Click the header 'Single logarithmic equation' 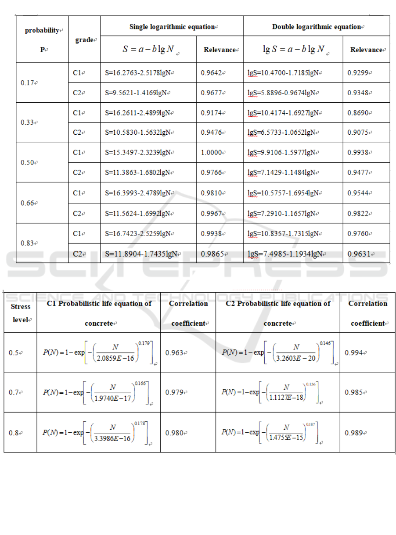(171, 26)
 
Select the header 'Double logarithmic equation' (317, 26)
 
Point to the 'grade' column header (84, 40)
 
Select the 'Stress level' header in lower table (20, 313)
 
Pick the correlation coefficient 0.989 (355, 432)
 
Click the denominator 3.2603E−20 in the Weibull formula (286, 358)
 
